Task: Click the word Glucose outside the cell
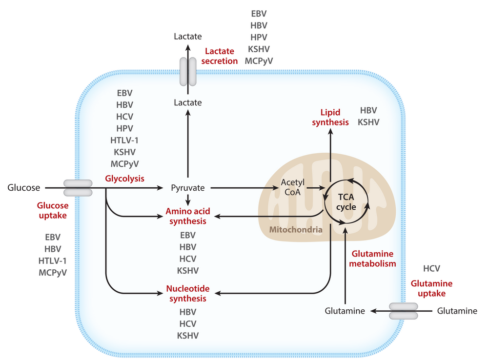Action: coord(23,188)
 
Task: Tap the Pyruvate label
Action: coord(188,188)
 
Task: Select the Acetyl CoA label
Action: coord(292,187)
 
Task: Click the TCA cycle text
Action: coord(346,202)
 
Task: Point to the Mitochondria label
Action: coord(296,230)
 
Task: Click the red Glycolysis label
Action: coord(124,179)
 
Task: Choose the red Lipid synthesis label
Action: coord(330,117)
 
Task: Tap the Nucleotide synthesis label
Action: coord(188,293)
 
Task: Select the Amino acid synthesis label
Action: coord(188,216)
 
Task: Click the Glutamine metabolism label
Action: coord(372,259)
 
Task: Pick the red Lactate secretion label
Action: coord(220,56)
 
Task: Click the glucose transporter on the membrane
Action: coord(78,188)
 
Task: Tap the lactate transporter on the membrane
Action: coord(188,71)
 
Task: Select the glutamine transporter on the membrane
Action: coord(404,311)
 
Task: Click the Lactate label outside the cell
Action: coord(188,37)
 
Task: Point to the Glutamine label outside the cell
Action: coord(457,311)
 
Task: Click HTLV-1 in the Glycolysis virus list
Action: coord(124,140)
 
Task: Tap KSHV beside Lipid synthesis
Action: coord(368,122)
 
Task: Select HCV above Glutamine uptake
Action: coord(432,268)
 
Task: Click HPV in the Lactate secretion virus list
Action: coord(259,38)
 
